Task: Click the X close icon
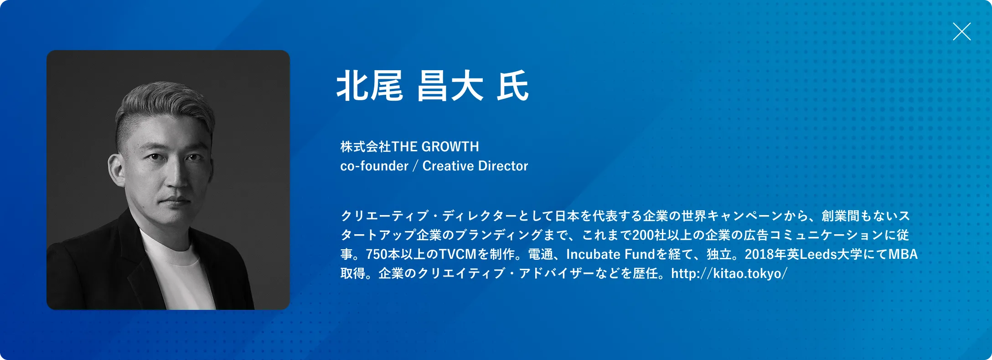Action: pyautogui.click(x=961, y=31)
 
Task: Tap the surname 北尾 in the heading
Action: pyautogui.click(x=370, y=86)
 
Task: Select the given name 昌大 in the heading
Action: pyautogui.click(x=450, y=86)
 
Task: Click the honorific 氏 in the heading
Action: pyautogui.click(x=513, y=86)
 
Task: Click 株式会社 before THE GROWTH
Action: pyautogui.click(x=366, y=147)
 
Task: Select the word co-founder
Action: pyautogui.click(x=374, y=166)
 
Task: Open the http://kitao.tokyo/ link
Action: pyautogui.click(x=729, y=273)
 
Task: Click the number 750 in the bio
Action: pyautogui.click(x=377, y=254)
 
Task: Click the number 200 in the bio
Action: pyautogui.click(x=643, y=235)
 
